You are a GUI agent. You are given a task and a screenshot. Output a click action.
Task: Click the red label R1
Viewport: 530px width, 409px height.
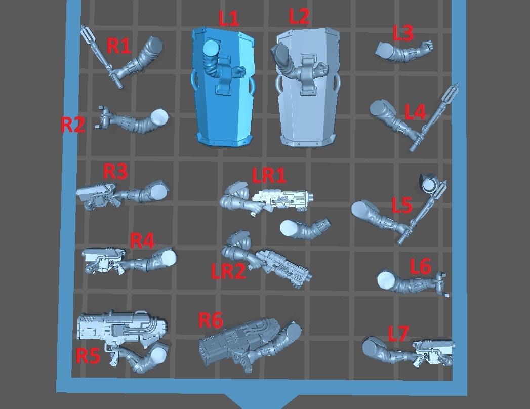(119, 45)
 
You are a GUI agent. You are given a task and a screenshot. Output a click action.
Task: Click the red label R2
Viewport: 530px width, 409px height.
(73, 125)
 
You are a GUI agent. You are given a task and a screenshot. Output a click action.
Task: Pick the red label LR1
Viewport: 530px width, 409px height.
(269, 176)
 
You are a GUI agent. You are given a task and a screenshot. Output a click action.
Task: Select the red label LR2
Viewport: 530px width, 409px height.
(228, 271)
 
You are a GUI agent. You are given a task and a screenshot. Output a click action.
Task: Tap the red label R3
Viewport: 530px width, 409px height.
(115, 171)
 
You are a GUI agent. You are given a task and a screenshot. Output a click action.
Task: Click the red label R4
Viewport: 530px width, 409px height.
(142, 240)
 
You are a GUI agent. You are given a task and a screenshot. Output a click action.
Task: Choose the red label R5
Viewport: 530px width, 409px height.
(88, 356)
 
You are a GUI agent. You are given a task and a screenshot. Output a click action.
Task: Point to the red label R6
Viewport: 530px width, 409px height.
(211, 320)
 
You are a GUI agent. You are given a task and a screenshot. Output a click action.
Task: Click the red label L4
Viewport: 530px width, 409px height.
(415, 112)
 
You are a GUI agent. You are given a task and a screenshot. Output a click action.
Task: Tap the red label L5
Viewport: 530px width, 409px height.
(402, 205)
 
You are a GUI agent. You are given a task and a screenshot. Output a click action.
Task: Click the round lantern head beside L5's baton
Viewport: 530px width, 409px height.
(429, 184)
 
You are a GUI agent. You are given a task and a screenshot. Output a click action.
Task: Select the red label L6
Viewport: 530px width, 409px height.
(420, 266)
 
